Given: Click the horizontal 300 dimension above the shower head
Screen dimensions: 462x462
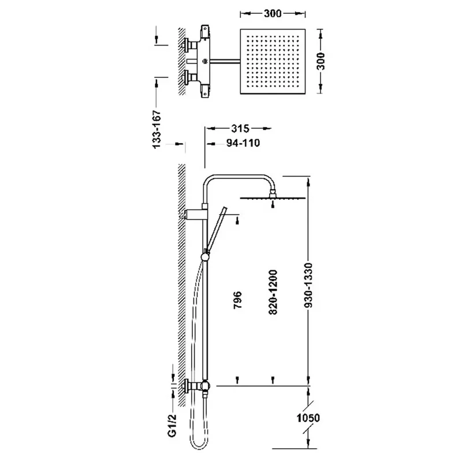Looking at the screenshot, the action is (273, 13).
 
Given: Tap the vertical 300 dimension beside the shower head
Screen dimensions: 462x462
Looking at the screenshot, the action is (321, 61).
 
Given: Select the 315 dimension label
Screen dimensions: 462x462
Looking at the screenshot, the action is (240, 128).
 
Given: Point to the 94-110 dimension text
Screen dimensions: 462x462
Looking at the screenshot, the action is (243, 143).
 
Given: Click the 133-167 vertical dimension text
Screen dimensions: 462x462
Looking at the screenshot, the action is (157, 129).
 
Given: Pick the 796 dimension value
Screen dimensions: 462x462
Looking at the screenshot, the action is (237, 300).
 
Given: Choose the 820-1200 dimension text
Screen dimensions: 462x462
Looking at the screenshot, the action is (273, 292).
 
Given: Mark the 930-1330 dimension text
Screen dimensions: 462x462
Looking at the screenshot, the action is (308, 285).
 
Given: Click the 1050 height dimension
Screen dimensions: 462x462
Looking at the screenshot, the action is (308, 418).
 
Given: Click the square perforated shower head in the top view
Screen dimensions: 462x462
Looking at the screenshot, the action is (273, 61).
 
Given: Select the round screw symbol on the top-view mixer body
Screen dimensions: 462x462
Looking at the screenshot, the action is (205, 61).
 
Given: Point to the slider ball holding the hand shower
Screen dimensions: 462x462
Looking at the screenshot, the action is (205, 257).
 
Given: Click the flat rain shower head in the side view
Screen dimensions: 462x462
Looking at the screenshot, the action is (273, 198).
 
